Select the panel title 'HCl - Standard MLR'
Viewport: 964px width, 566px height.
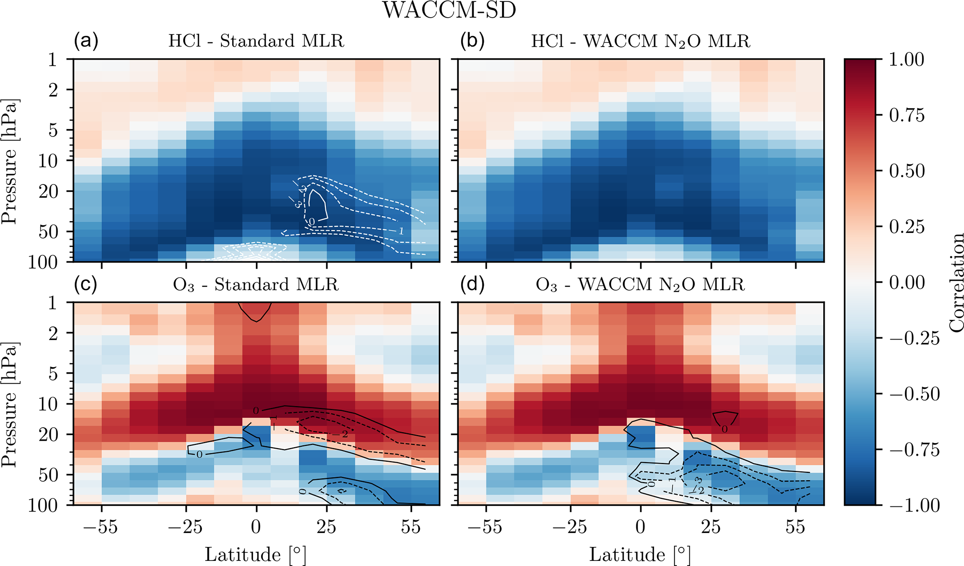point(256,41)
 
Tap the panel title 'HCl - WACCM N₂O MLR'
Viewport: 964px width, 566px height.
point(640,42)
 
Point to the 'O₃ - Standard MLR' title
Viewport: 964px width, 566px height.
point(255,285)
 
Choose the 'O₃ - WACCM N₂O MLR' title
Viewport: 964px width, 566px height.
point(640,285)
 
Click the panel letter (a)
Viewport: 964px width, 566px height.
point(86,41)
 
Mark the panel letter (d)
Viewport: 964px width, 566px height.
point(472,285)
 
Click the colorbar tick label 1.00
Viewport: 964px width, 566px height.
point(906,60)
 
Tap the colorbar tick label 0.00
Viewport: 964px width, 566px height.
point(906,282)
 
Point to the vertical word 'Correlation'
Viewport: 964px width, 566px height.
point(956,282)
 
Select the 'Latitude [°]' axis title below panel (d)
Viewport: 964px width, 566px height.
point(640,554)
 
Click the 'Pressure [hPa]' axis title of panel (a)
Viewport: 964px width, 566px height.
point(9,161)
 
